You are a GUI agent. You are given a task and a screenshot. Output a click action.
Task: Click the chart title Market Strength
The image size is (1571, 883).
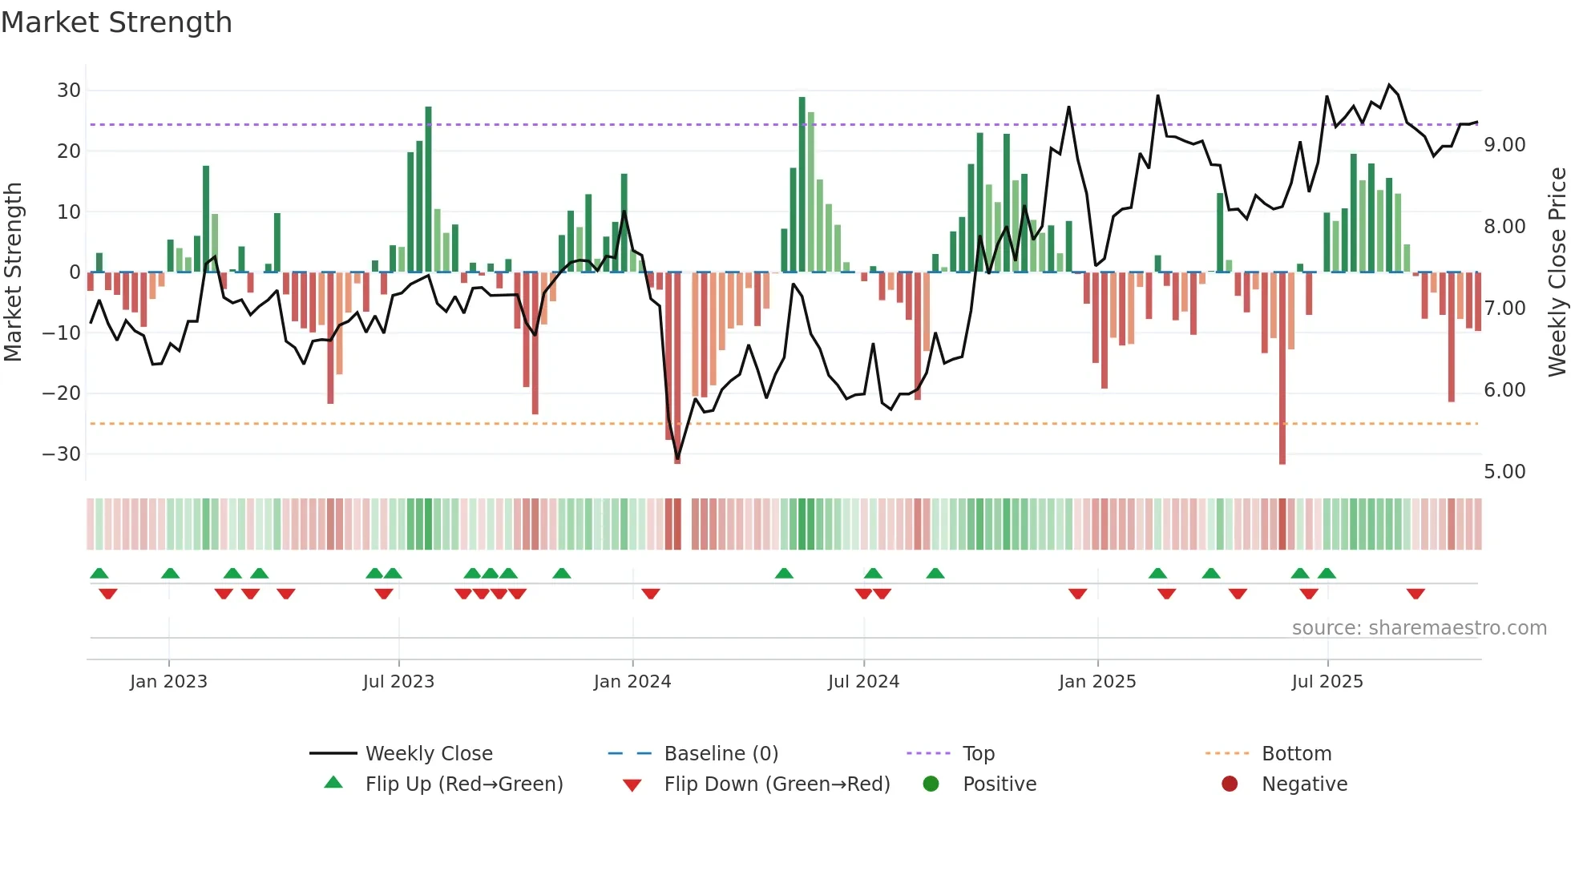point(116,22)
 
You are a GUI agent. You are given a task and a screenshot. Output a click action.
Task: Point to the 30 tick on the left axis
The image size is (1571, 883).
point(69,91)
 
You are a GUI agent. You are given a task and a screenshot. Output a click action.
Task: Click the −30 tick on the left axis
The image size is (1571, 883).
point(62,454)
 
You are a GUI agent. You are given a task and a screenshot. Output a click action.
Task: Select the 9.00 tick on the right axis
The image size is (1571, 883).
point(1504,145)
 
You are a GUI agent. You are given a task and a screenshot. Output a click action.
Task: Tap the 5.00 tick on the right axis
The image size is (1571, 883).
point(1504,472)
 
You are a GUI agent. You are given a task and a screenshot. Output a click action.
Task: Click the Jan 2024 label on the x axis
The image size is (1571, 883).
point(632,682)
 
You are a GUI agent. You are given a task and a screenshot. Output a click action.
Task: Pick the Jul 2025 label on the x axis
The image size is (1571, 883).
point(1327,682)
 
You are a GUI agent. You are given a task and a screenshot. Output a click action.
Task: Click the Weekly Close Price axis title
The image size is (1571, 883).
point(1557,272)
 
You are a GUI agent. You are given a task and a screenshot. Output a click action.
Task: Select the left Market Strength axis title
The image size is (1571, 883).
point(13,272)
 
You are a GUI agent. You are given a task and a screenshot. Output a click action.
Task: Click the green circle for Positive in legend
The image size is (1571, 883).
point(931,784)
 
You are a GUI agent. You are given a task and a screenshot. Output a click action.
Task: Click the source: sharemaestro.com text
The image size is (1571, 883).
point(1419,628)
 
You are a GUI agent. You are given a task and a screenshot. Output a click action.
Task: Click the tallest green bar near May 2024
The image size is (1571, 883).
point(802,184)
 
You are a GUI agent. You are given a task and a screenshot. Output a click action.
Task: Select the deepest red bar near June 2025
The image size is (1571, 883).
point(1282,369)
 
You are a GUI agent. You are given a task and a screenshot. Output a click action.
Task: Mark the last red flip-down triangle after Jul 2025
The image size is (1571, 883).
point(1416,594)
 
